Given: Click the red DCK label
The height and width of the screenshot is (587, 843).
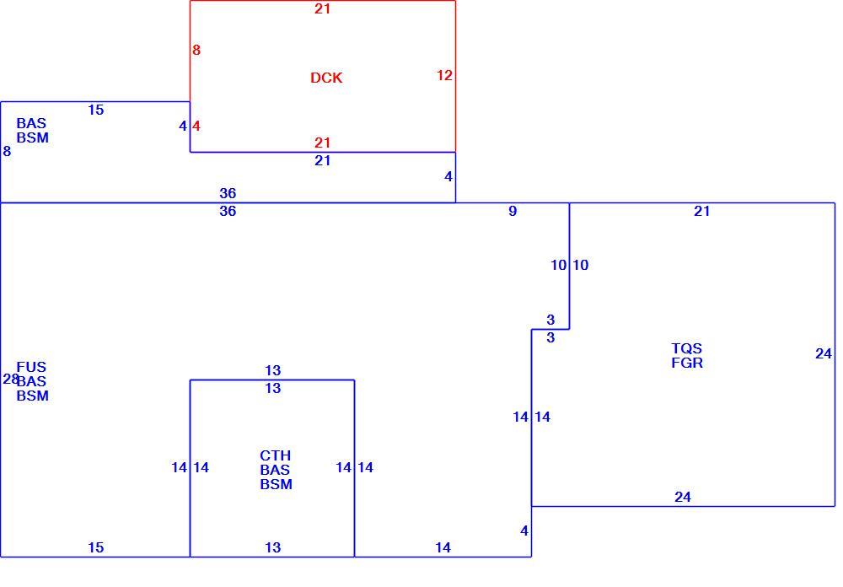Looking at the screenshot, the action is pyautogui.click(x=326, y=78).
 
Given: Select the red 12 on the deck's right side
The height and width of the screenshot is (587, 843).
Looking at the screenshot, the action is pyautogui.click(x=444, y=75).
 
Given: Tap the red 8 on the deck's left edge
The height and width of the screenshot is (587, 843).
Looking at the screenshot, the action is pyautogui.click(x=196, y=50).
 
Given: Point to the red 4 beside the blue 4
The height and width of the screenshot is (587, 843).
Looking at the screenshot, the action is pyautogui.click(x=196, y=126).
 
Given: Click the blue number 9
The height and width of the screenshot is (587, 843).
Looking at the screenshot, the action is pyautogui.click(x=513, y=211).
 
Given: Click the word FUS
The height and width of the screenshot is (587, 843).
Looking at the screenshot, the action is pyautogui.click(x=31, y=367).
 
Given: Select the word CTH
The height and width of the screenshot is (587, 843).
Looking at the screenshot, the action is pyautogui.click(x=276, y=455).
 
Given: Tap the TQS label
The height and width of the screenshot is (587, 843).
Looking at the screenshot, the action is pyautogui.click(x=686, y=348).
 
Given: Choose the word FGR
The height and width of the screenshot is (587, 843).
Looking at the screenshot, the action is pyautogui.click(x=687, y=364).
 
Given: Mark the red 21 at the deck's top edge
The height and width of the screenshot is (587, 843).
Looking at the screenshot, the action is pyautogui.click(x=323, y=8).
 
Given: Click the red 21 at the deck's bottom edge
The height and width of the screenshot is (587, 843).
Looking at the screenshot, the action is pyautogui.click(x=323, y=143).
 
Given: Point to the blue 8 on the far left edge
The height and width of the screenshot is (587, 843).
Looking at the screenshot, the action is pyautogui.click(x=7, y=151).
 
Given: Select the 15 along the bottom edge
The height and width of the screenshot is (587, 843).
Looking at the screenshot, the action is pyautogui.click(x=96, y=547).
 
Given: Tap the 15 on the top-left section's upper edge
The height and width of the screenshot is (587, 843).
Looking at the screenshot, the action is pyautogui.click(x=96, y=110).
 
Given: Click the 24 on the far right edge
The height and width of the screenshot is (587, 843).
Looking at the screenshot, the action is pyautogui.click(x=824, y=353).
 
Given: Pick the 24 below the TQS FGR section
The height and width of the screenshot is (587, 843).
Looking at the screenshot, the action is pyautogui.click(x=683, y=497).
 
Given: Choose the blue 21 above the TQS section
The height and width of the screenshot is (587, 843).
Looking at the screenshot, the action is pyautogui.click(x=702, y=211).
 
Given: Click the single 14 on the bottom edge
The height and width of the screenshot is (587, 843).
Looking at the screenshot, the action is pyautogui.click(x=443, y=547).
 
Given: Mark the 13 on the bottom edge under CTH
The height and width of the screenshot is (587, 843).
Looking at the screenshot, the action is pyautogui.click(x=273, y=547).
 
